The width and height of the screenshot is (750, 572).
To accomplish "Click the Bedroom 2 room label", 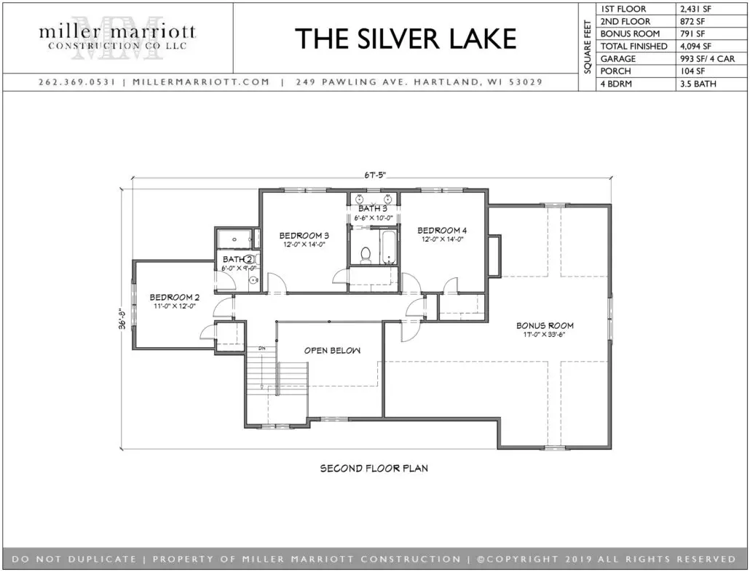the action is (174, 297).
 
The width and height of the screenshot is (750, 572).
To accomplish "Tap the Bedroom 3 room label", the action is (304, 236).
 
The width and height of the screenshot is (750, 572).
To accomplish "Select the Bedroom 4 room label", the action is (442, 231).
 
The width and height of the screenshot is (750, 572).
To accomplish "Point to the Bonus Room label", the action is (545, 325).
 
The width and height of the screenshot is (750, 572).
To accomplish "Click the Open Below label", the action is (333, 350).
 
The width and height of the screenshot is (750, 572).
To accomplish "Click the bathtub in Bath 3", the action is (388, 247).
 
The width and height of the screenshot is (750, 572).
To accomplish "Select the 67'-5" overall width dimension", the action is (374, 175).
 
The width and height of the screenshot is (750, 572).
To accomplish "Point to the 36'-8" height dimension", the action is (123, 318).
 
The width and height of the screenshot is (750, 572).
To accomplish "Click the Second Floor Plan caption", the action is (374, 469).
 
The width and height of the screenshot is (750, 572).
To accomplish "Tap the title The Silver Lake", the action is (406, 39).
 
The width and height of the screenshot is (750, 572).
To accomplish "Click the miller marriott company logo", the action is (117, 37).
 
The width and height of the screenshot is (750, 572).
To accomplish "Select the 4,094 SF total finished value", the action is (695, 47).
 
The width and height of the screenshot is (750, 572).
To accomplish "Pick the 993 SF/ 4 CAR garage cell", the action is (708, 59).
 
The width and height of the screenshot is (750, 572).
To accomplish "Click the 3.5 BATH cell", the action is (698, 84).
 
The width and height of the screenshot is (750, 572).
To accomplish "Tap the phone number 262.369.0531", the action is (77, 82).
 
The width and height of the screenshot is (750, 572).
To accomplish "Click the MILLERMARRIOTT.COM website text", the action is (202, 82).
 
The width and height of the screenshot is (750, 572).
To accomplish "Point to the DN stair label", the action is (261, 349).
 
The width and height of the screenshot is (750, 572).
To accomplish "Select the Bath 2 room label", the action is (237, 260).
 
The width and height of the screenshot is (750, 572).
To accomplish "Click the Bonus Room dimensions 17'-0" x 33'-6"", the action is (545, 335).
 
